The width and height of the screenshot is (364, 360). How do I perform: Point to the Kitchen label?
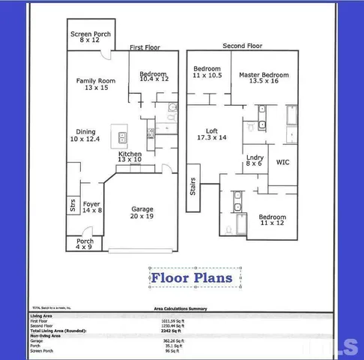pyautogui.click(x=130, y=156)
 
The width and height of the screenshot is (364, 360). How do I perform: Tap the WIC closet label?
pyautogui.click(x=283, y=162)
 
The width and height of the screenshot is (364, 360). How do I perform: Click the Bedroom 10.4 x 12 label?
pyautogui.click(x=154, y=75)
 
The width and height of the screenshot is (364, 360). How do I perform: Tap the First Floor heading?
pyautogui.click(x=146, y=47)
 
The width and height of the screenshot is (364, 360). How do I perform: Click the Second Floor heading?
pyautogui.click(x=242, y=46)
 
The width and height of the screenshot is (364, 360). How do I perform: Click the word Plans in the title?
pyautogui.click(x=215, y=278)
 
